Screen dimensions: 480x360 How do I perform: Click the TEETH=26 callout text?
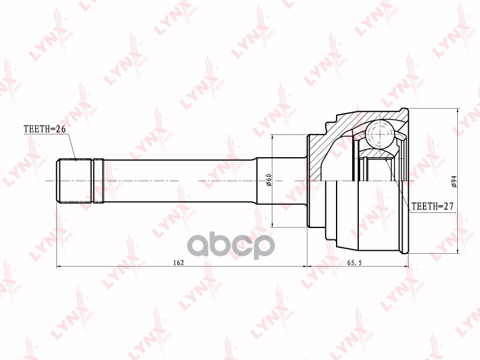[x=44, y=130]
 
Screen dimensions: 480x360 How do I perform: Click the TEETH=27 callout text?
[x=432, y=206]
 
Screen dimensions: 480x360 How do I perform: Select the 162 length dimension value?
[x=178, y=262]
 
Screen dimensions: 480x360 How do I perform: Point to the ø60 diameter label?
[x=268, y=180]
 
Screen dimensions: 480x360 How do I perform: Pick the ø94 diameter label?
[x=454, y=181]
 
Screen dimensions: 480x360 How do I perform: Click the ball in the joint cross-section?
[x=379, y=134]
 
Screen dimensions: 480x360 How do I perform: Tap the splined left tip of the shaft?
[x=74, y=181]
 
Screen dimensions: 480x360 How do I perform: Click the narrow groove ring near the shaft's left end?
[x=98, y=181]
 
